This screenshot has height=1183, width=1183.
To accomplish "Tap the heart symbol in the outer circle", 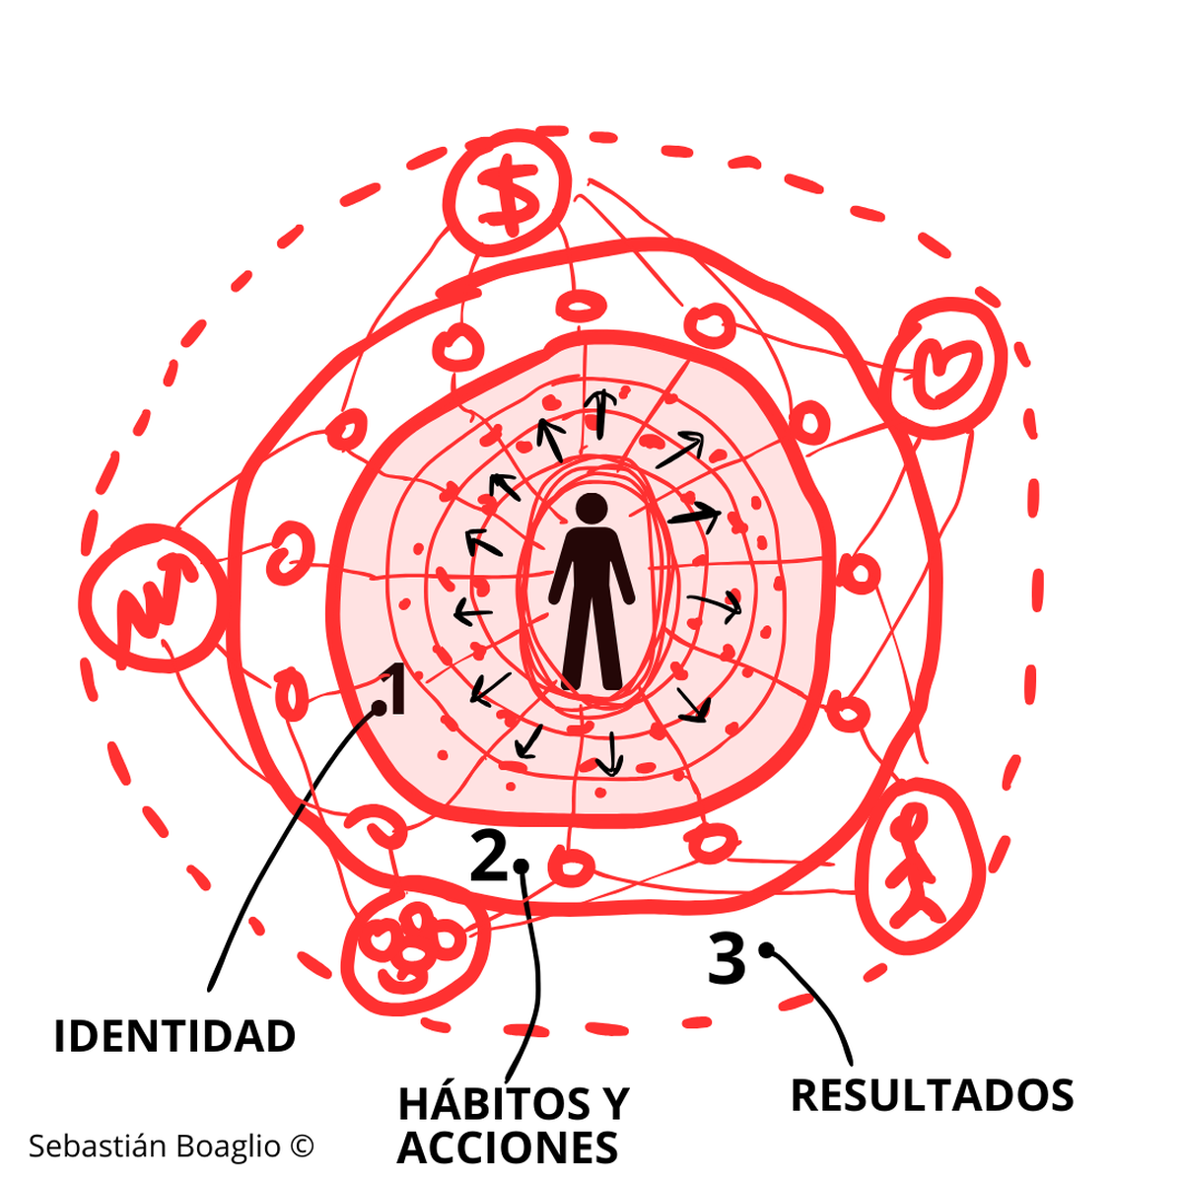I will coord(943,366).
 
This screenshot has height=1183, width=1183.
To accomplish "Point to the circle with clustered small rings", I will coord(414,942).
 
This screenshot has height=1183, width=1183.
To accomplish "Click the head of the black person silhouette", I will coord(591,509).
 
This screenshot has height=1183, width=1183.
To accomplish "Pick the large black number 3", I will coord(728,958).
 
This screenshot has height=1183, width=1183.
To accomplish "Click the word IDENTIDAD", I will coord(174,1036).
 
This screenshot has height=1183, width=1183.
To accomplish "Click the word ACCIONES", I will coord(508,1148).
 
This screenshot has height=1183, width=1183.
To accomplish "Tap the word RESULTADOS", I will coord(932,1095).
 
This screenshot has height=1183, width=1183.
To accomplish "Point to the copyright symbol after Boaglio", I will coord(302,1146).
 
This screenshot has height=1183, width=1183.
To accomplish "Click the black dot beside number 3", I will coord(766,949).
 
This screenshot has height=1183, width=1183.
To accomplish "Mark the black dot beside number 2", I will coord(521,866).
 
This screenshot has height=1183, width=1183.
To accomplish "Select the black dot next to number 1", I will coord(379,707).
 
